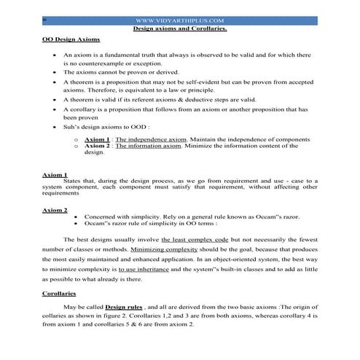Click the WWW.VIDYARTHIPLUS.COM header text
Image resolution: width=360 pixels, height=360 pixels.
pos(179,21)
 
